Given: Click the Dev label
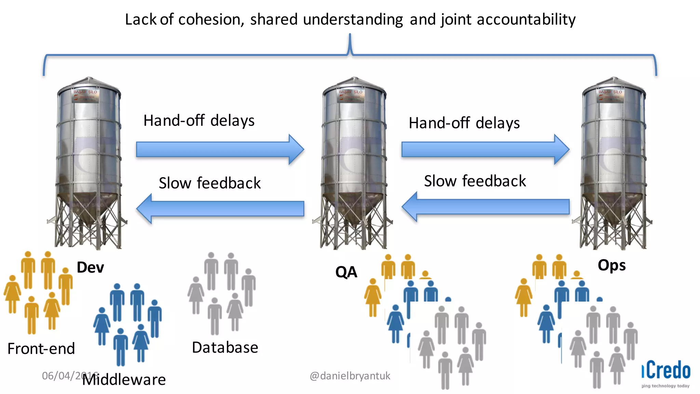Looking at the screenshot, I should (x=90, y=267).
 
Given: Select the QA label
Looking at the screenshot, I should (x=346, y=272).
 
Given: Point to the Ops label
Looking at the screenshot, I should (x=611, y=265).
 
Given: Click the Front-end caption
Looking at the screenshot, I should (x=41, y=349).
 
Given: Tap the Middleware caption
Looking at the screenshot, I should (x=124, y=380).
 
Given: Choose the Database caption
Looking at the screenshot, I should (x=225, y=347).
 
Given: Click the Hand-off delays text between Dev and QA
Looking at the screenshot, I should (x=199, y=121).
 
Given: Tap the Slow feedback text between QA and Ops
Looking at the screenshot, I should (x=475, y=181).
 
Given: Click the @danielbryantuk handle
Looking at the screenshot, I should (x=350, y=376).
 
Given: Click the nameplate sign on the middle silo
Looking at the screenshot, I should (x=351, y=95).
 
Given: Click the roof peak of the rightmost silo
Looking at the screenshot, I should (x=614, y=79).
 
